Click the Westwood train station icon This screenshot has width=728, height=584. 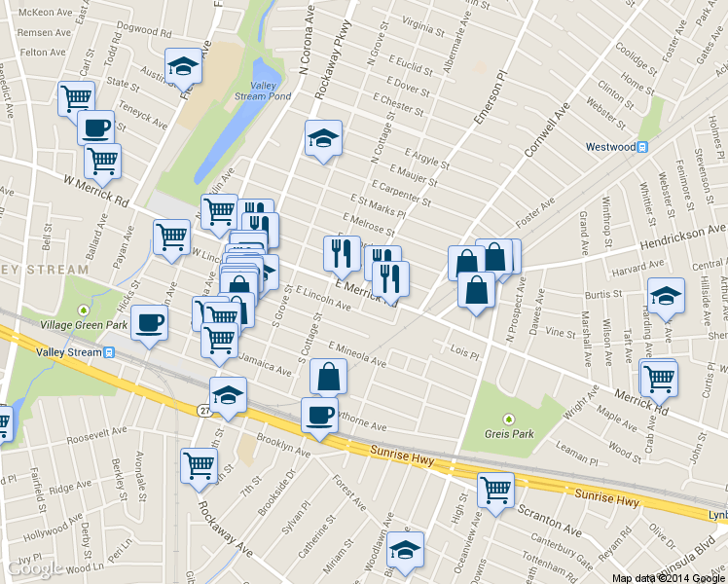click(x=642, y=147)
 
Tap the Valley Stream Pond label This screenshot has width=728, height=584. click(x=263, y=91)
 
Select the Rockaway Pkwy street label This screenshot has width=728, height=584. click(x=332, y=60)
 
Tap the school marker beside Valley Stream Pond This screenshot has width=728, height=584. click(x=182, y=65)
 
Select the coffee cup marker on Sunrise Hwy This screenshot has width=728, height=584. click(x=319, y=414)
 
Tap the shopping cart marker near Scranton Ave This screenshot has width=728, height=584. click(x=495, y=489)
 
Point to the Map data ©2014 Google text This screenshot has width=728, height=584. click(x=668, y=577)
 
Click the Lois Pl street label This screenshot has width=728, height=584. click(x=465, y=348)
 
